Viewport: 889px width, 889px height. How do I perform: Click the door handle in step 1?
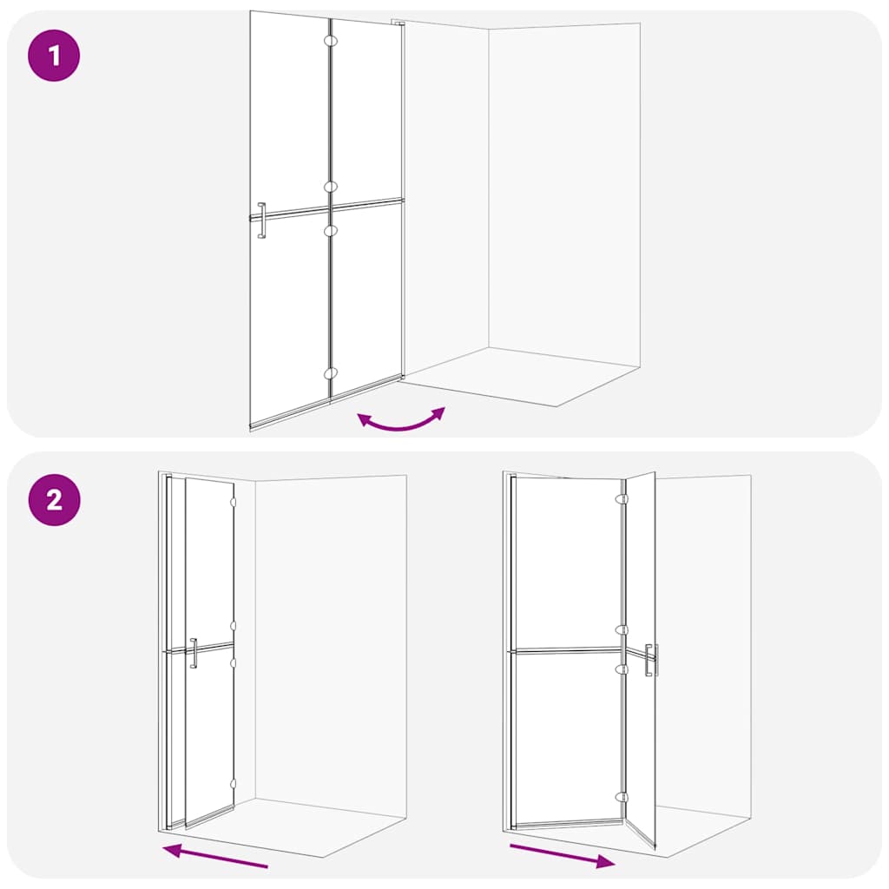click(x=261, y=221)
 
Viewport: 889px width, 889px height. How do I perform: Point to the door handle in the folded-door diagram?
click(x=194, y=653)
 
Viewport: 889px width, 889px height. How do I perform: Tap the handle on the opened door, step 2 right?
click(x=651, y=660)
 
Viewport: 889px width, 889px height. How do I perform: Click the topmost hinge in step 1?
click(x=330, y=41)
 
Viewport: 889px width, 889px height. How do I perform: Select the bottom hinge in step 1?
click(x=330, y=373)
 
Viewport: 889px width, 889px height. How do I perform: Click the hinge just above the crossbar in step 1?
click(x=330, y=187)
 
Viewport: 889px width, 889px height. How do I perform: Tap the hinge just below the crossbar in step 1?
click(x=330, y=230)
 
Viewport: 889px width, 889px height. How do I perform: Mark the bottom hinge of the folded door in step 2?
click(x=233, y=784)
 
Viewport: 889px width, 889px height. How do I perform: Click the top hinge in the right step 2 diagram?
click(x=621, y=500)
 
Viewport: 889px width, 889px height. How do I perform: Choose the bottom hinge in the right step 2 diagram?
click(x=621, y=797)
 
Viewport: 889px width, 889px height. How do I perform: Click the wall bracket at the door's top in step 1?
click(x=398, y=23)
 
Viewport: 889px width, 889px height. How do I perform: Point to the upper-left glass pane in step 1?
click(x=289, y=113)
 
